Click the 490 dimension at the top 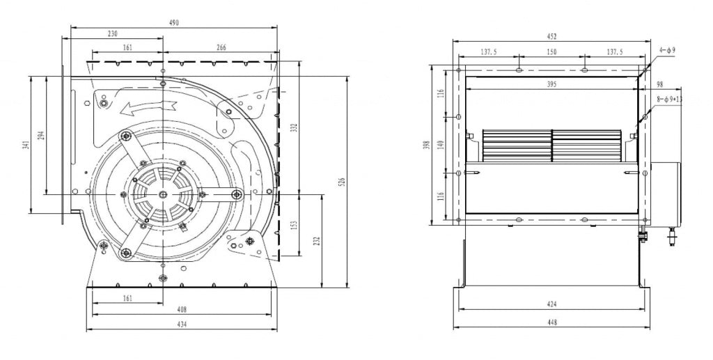pyautogui.click(x=174, y=23)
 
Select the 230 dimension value pyautogui.click(x=113, y=33)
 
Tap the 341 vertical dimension pyautogui.click(x=26, y=145)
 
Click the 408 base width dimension pyautogui.click(x=182, y=309)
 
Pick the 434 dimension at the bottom pyautogui.click(x=182, y=324)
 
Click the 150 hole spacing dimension pyautogui.click(x=551, y=52)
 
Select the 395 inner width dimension pyautogui.click(x=551, y=84)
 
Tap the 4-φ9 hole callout pyautogui.click(x=667, y=51)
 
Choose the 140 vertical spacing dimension pyautogui.click(x=439, y=144)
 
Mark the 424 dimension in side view pyautogui.click(x=551, y=304)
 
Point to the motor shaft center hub pyautogui.click(x=162, y=194)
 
